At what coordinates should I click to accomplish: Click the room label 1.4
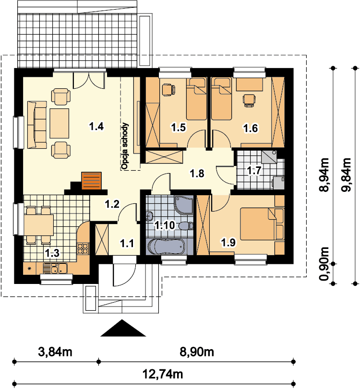click(x=96, y=127)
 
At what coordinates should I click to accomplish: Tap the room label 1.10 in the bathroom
click(x=165, y=225)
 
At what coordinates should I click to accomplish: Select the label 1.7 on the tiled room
click(x=254, y=170)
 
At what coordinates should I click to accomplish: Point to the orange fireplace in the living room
click(x=91, y=181)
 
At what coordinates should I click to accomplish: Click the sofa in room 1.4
click(x=37, y=125)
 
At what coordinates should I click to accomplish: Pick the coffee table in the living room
click(x=60, y=123)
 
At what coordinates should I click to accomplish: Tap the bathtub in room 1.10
click(x=166, y=247)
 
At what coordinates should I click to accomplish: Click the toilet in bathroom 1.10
click(x=186, y=226)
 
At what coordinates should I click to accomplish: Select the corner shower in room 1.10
click(x=184, y=205)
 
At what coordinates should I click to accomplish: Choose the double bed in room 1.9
click(x=262, y=224)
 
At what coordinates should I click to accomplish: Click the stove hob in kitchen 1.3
click(x=83, y=248)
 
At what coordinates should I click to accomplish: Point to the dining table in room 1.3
click(x=39, y=225)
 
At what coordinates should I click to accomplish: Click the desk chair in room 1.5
click(x=168, y=90)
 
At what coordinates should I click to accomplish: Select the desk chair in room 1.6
click(x=249, y=100)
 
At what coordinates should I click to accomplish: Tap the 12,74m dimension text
click(x=163, y=374)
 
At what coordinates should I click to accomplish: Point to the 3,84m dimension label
click(x=55, y=352)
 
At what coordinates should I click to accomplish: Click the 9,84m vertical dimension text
click(x=347, y=175)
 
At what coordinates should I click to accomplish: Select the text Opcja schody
click(x=125, y=146)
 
